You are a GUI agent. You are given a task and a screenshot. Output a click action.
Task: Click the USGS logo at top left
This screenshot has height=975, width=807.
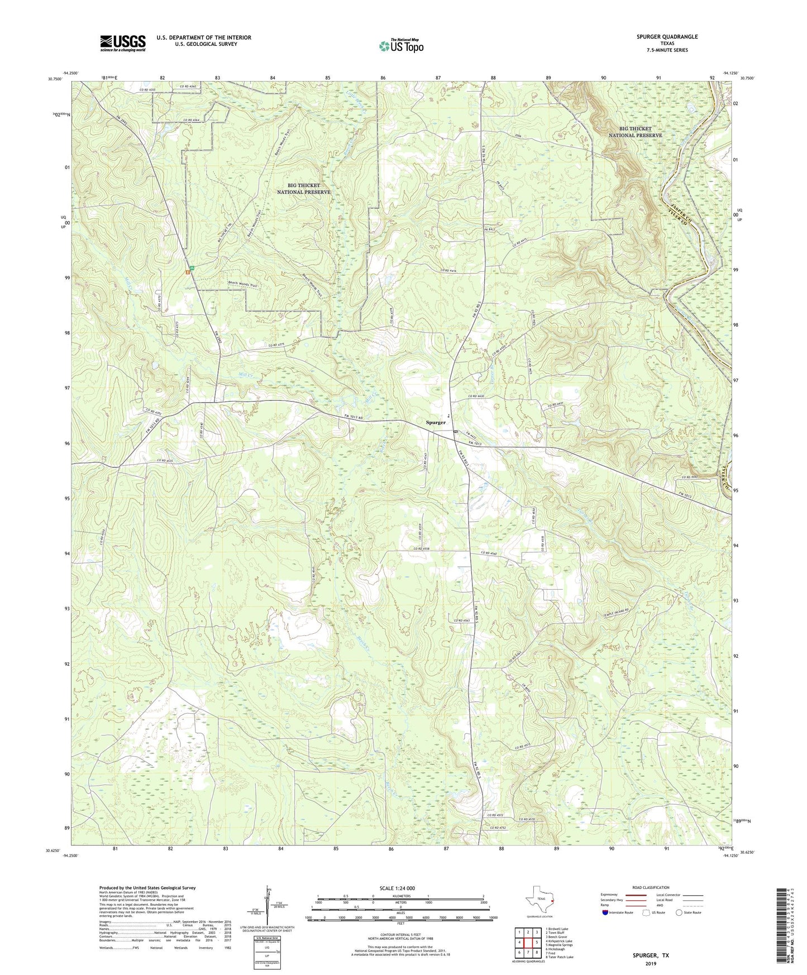point(123,43)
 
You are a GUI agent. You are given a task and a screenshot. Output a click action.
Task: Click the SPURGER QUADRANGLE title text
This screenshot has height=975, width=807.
point(667,37)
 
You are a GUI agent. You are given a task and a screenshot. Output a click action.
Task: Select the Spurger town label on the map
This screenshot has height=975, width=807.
point(436,423)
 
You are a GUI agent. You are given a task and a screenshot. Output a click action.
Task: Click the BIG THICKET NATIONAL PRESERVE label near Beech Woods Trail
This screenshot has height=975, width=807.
point(304,189)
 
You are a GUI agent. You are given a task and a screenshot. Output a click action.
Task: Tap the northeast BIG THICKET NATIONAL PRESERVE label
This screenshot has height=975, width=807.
point(635,132)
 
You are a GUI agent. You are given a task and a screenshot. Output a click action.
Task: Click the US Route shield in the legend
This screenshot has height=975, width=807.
point(646,912)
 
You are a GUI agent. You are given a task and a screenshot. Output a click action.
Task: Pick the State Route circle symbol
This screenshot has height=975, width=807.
point(679,912)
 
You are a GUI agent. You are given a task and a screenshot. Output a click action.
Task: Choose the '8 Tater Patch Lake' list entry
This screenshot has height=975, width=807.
point(559,957)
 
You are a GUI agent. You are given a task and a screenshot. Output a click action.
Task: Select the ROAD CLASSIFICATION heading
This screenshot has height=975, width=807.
point(651,887)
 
